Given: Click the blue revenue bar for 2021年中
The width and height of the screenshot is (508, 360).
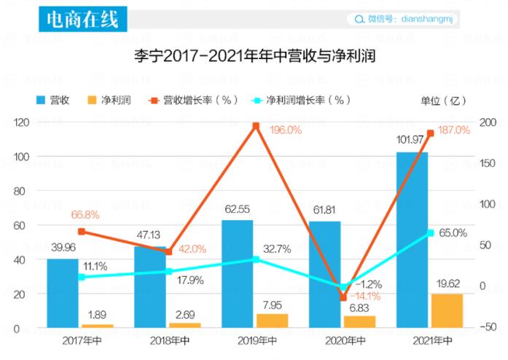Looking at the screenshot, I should point(412,240).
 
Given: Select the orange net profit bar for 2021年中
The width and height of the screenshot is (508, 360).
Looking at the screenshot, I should point(447,311).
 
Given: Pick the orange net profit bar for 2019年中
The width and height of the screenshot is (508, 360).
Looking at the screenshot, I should point(272,321).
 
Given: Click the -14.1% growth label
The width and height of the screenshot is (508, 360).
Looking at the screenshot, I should point(365,296).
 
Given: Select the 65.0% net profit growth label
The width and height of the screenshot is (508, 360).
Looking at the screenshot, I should point(453,233).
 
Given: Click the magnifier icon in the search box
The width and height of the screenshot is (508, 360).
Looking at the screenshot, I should point(359,20).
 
